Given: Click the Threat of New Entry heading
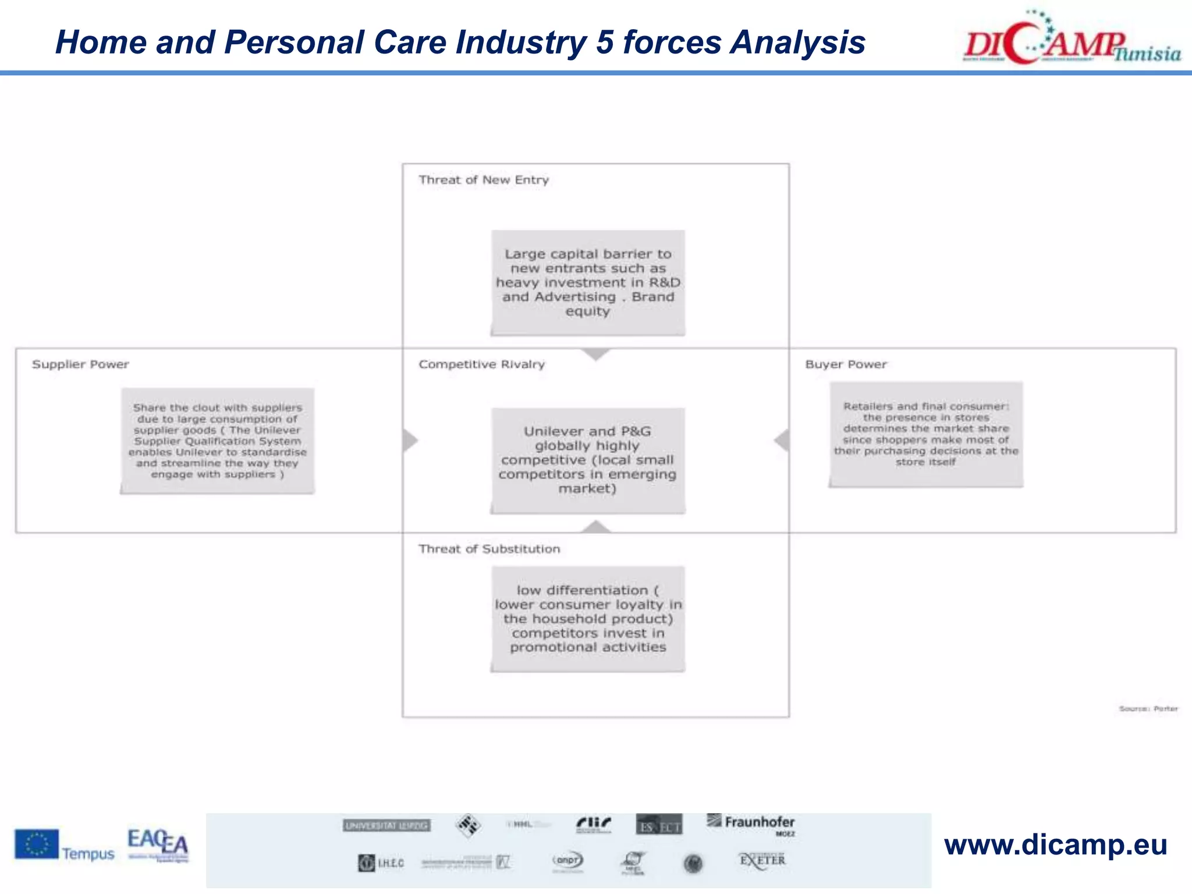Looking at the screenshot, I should pos(484,180).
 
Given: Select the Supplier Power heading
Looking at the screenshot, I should pos(80,364).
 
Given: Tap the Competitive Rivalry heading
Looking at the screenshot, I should pos(481,364).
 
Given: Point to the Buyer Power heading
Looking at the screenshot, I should pos(846,364).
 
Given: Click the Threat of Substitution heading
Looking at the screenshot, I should pos(489,549).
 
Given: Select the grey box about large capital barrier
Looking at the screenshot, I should pos(588,283).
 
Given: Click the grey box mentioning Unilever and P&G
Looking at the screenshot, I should pos(588,460).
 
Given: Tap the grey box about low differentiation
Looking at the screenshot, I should pos(588,619).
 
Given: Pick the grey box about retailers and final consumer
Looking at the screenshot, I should pos(926,434).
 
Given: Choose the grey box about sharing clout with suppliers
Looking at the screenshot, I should pos(218,441).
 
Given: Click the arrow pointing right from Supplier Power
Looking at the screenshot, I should pos(410,440).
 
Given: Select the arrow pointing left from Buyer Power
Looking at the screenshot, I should pos(782,440).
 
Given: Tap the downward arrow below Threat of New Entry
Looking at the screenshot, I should pos(595,354).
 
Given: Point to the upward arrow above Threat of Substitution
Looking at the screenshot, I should pos(595,527).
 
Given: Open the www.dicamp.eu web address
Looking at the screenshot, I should pos(1055,845).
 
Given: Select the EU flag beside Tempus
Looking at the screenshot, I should pos(37,844).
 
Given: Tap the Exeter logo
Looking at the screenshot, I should pos(762,860).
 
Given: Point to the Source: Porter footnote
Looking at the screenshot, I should pos(1148,709).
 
